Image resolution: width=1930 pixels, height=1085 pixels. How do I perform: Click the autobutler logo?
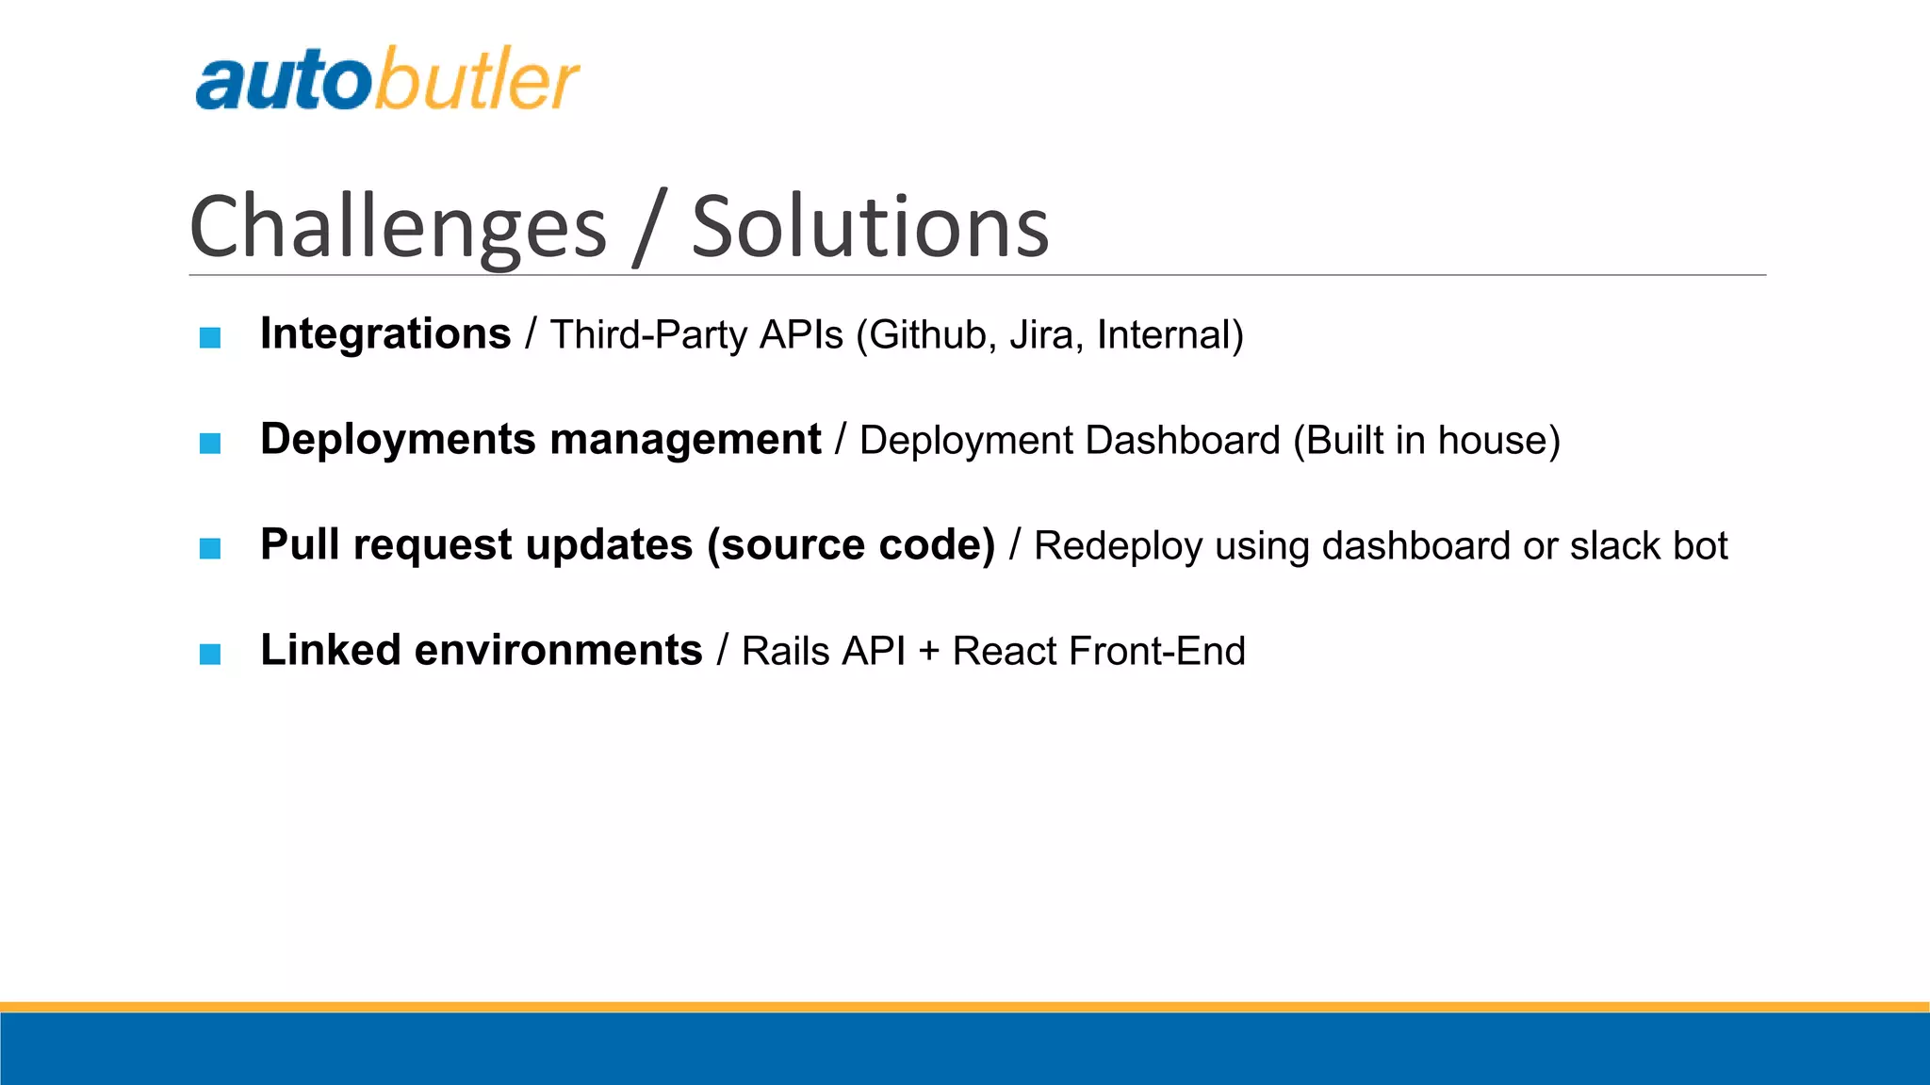tap(386, 79)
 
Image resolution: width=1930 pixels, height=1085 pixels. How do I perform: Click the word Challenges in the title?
tap(398, 227)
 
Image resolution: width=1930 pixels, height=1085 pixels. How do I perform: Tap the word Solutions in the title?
tap(869, 227)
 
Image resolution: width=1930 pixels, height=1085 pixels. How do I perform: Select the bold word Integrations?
tap(385, 334)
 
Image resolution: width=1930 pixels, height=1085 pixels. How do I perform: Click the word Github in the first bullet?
tap(927, 336)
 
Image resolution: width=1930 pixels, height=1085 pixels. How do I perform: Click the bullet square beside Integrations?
tap(210, 337)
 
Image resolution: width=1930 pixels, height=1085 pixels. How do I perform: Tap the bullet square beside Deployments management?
tap(210, 443)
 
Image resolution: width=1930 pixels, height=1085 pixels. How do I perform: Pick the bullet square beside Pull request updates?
tap(210, 548)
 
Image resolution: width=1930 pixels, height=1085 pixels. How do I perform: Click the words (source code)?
tap(850, 546)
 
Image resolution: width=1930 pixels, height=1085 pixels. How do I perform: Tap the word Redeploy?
tap(1118, 547)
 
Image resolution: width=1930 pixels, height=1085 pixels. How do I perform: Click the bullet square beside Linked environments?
tap(210, 654)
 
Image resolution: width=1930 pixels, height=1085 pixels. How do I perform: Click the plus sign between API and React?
tap(928, 653)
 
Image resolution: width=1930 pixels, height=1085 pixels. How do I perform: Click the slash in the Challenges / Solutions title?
tap(649, 227)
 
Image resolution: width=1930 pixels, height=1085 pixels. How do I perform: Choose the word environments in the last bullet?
tap(558, 651)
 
